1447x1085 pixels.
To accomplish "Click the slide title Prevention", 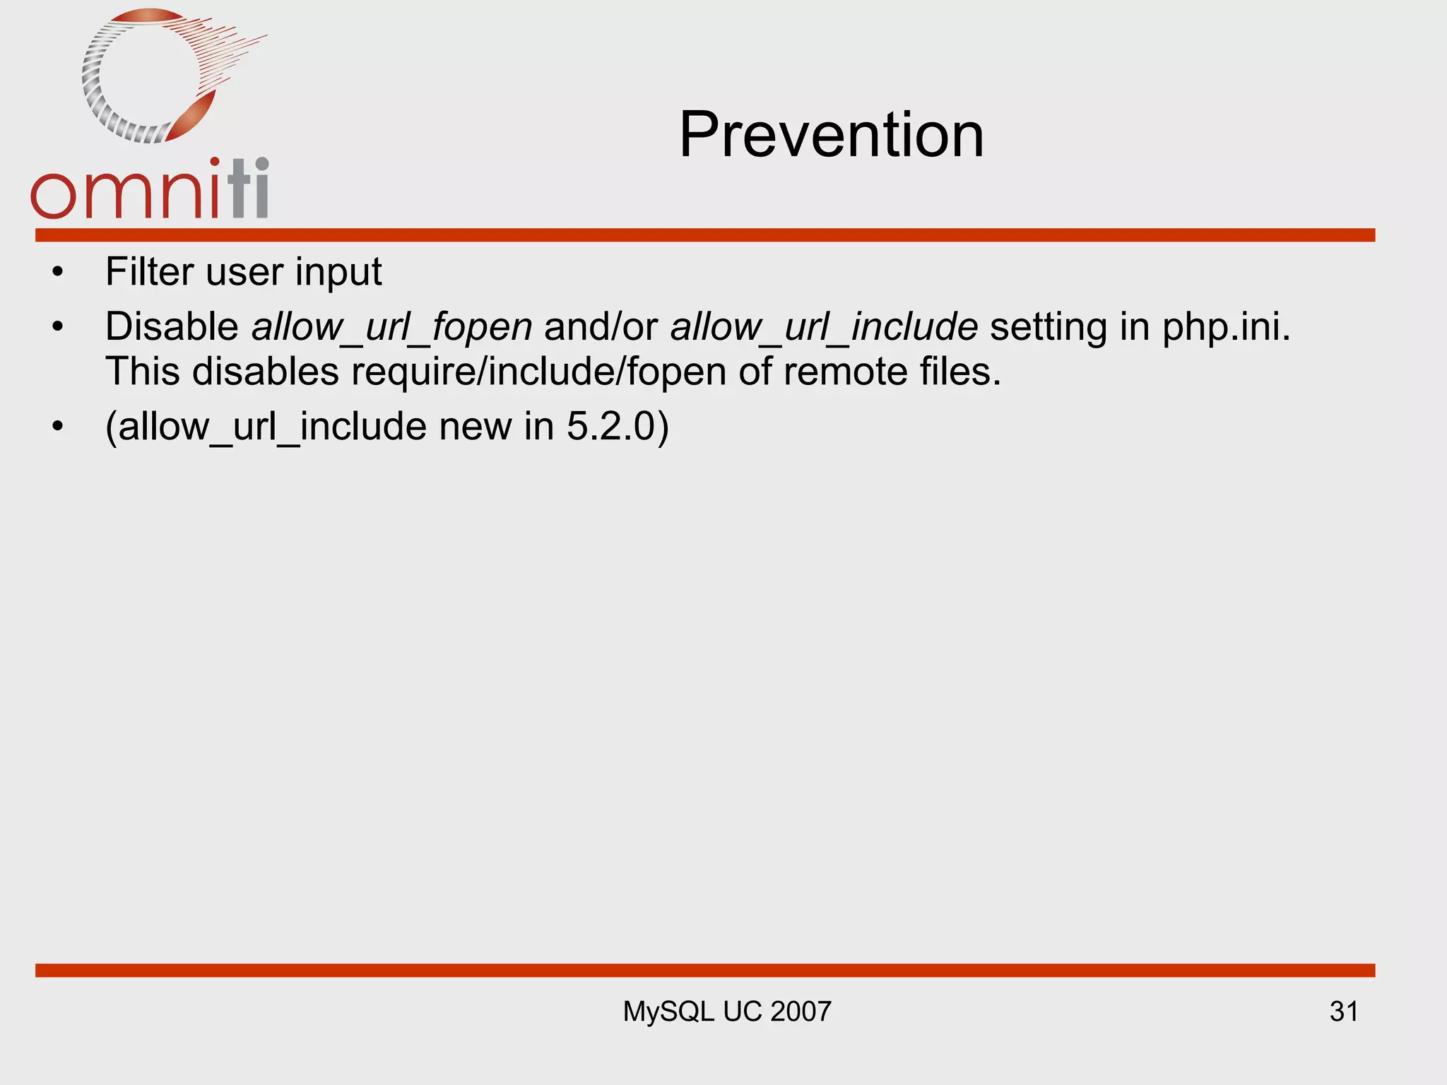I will coord(831,135).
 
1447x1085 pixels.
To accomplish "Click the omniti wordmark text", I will coord(150,189).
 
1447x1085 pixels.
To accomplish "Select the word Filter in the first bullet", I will coord(149,272).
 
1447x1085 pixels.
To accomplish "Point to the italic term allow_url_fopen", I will coord(391,328).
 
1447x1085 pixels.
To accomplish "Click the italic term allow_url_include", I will coord(824,328).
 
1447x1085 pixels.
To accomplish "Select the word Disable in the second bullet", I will coord(172,327).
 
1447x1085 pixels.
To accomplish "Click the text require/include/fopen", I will coord(538,372).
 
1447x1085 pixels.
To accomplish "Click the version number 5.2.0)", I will coord(617,427).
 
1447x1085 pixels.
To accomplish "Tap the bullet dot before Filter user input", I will coord(58,272).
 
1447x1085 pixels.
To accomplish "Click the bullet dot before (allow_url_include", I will coord(58,427).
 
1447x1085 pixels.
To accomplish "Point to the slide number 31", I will coord(1343,1012).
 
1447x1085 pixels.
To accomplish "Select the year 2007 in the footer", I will coord(801,1012).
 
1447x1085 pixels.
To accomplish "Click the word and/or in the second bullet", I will coord(601,328).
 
